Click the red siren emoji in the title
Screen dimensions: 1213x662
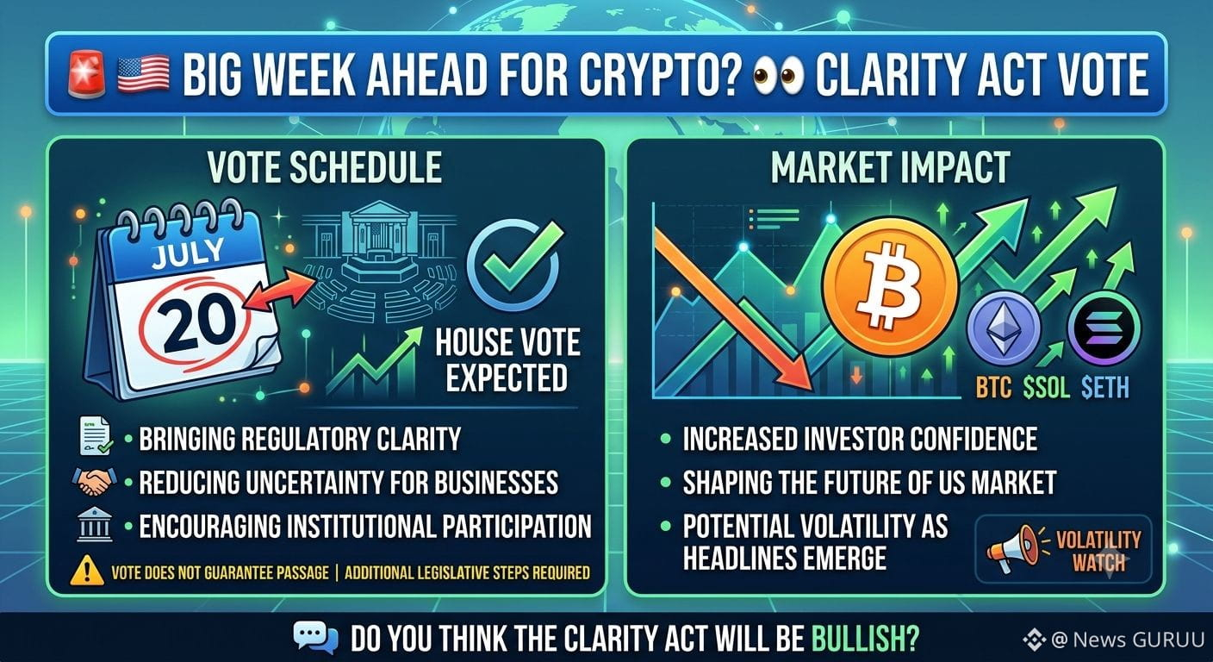[x=87, y=74]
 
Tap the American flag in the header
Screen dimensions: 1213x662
[x=143, y=75]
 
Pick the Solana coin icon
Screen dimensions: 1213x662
[x=1104, y=328]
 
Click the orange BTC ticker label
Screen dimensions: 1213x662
[x=994, y=387]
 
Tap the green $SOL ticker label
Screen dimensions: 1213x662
[x=1046, y=387]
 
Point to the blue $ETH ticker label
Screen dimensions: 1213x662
[x=1105, y=387]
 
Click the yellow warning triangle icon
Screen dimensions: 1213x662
[x=87, y=571]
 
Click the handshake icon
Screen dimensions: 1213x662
[x=94, y=482]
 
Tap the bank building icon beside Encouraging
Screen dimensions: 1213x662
[x=95, y=525]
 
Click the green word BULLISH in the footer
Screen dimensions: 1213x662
[x=865, y=640]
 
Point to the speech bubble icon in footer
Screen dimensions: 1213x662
[x=316, y=638]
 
